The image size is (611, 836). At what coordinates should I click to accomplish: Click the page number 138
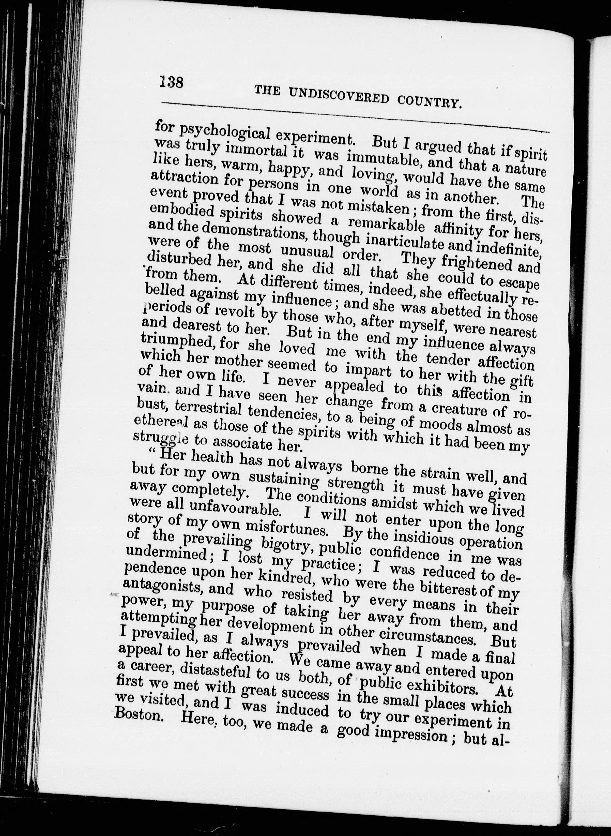coord(172,81)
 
